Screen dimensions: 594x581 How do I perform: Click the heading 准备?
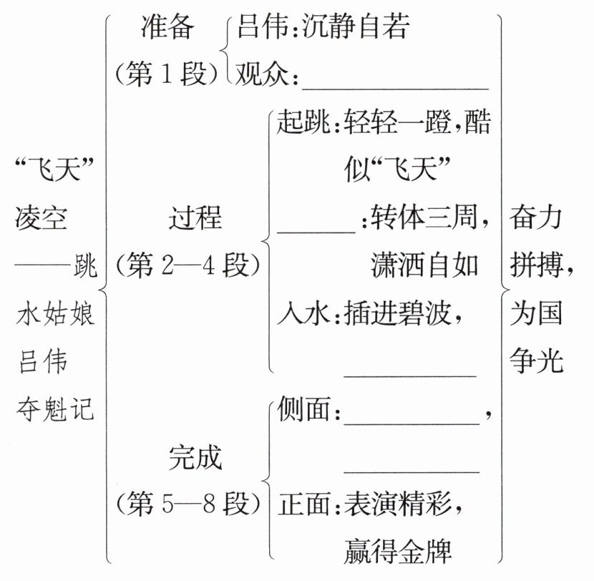coord(167,27)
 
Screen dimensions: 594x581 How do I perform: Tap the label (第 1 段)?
coord(167,73)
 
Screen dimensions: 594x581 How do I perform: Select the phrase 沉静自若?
coord(356,27)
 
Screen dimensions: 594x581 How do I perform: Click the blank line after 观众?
coord(395,89)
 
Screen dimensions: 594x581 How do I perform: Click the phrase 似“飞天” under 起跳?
coord(397,169)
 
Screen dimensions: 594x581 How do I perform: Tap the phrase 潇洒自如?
coord(424,265)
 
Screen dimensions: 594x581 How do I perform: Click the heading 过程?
coord(195,218)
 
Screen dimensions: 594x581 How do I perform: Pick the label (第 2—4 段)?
coord(188,265)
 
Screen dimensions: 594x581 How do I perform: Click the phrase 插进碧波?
coord(397,313)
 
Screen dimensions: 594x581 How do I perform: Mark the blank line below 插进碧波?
coord(410,376)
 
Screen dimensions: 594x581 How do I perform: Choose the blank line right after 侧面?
coord(412,424)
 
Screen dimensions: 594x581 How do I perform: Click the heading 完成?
coord(195,457)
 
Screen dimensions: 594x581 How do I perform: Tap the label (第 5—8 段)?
coord(188,504)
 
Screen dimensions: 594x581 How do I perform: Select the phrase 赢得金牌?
coord(398,551)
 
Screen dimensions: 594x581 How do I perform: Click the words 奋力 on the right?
coord(535,218)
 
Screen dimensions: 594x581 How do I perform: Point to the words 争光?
coord(535,361)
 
